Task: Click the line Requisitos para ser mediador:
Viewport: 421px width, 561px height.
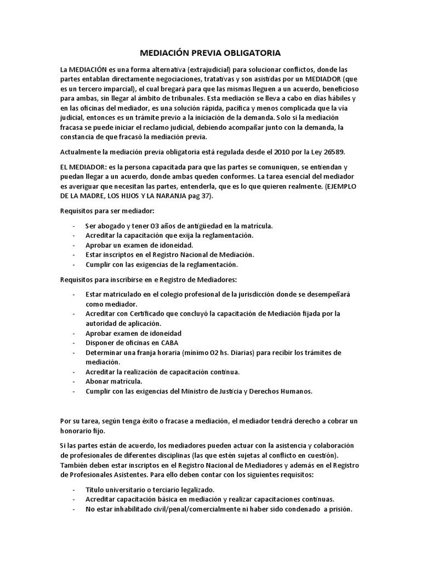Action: [107, 211]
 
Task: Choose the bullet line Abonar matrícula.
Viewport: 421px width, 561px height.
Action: [114, 381]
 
